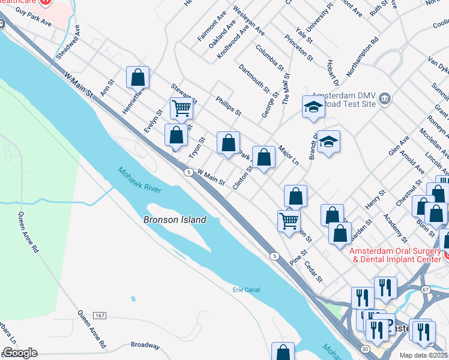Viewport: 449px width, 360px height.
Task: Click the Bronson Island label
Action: pyautogui.click(x=175, y=220)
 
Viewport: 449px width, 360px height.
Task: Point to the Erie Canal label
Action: pyautogui.click(x=246, y=290)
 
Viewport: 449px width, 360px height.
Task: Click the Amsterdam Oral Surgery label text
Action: pyautogui.click(x=396, y=255)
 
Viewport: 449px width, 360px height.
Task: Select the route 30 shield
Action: pyautogui.click(x=364, y=348)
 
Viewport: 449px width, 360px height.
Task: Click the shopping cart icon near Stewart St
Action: pyautogui.click(x=181, y=109)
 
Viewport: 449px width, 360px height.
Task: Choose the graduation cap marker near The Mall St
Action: pyautogui.click(x=313, y=107)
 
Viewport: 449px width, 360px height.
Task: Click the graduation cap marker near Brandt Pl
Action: pyautogui.click(x=328, y=142)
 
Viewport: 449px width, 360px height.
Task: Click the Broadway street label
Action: pyautogui.click(x=145, y=346)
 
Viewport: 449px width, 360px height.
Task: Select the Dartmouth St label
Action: pyautogui.click(x=254, y=79)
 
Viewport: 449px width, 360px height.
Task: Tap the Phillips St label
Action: pyautogui.click(x=228, y=107)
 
